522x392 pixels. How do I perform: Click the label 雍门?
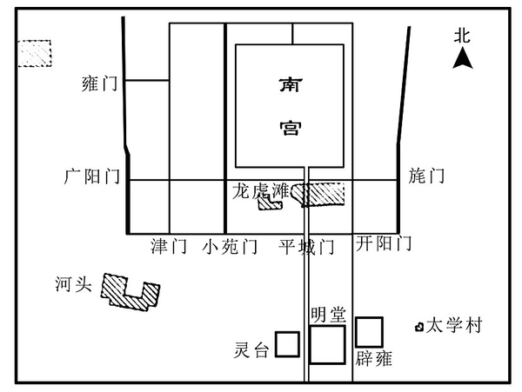(97, 84)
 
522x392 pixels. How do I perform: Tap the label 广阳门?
(91, 176)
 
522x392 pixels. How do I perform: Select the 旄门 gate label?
(426, 176)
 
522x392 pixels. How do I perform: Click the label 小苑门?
(230, 247)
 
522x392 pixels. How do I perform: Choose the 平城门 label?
(306, 247)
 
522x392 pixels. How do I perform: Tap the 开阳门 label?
(384, 244)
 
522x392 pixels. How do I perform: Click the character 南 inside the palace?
(290, 86)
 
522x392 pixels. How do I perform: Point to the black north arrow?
(465, 58)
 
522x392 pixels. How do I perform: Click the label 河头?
(72, 284)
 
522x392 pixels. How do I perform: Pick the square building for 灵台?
(288, 345)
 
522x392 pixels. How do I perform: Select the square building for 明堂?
(328, 344)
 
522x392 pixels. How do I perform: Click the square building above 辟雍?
(370, 331)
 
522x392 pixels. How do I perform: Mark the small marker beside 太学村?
(419, 327)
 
